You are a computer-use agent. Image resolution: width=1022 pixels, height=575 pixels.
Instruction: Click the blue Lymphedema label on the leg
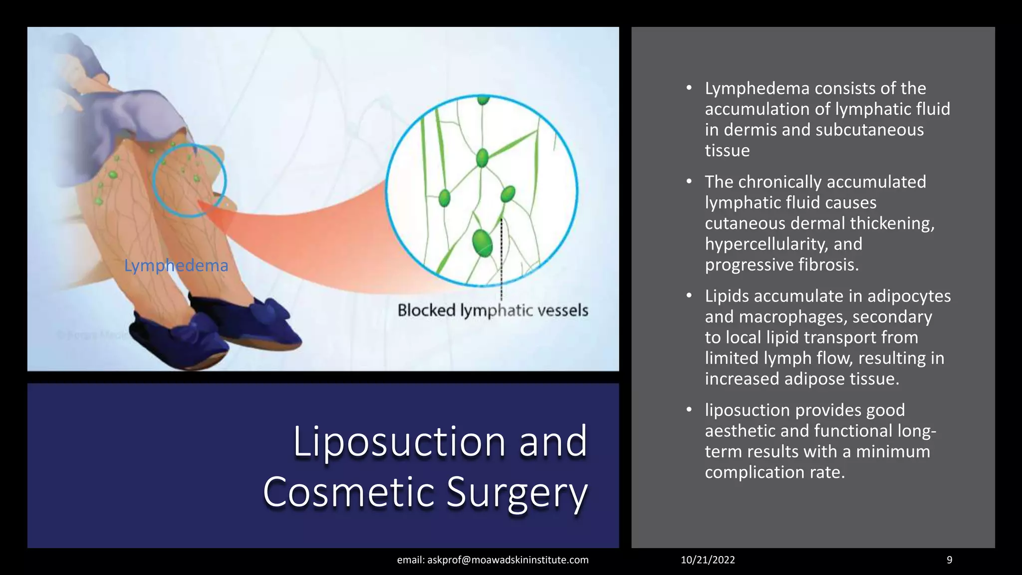176,266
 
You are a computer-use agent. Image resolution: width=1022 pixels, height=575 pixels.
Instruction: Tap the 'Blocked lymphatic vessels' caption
493,310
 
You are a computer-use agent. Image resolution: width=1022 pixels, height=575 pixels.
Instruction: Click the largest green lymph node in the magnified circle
482,243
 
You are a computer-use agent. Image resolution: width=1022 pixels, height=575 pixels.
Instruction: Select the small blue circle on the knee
189,180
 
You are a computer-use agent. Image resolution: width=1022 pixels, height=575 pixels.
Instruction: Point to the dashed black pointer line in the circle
501,260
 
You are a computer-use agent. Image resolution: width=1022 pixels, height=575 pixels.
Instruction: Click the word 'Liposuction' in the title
399,441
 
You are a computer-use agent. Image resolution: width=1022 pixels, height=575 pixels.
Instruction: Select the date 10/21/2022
708,560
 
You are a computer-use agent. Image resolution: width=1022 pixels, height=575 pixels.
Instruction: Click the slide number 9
949,560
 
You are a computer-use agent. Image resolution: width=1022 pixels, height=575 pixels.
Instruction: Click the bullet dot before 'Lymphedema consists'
689,88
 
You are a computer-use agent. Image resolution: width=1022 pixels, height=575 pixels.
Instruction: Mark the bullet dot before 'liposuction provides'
689,410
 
